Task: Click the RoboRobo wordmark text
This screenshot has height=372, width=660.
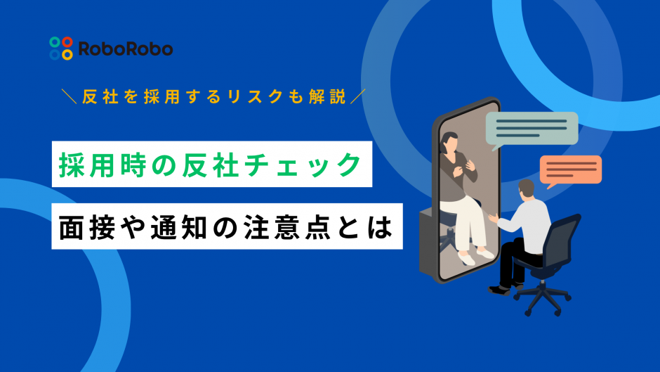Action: click(x=126, y=49)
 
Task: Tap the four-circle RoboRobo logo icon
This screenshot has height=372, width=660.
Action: click(x=61, y=48)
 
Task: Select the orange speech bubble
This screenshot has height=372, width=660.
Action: click(x=570, y=171)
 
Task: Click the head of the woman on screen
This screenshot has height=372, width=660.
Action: click(x=449, y=143)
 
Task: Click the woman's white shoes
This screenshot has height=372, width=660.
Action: click(x=475, y=255)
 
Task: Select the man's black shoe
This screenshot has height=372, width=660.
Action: click(x=499, y=290)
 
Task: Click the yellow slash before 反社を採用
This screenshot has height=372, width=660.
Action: click(x=69, y=96)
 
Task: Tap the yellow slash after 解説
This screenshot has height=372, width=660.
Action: click(x=358, y=96)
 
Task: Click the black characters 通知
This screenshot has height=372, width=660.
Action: click(x=179, y=227)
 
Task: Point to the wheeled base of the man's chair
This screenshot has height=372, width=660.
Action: click(x=543, y=298)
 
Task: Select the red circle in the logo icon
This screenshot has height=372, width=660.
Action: click(x=67, y=42)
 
